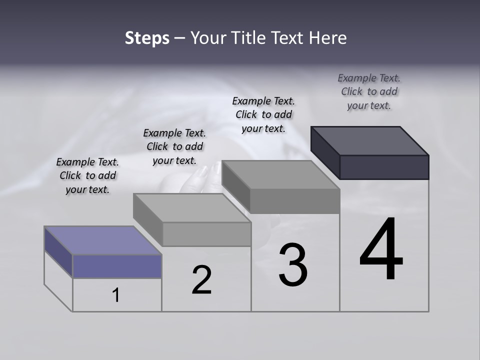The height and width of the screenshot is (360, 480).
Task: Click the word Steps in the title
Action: coord(147,38)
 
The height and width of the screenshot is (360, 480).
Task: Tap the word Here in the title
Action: coord(328,38)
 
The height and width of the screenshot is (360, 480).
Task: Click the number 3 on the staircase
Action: coord(293,265)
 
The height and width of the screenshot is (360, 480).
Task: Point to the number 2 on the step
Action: coord(201,280)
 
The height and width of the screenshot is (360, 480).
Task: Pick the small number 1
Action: coord(116,295)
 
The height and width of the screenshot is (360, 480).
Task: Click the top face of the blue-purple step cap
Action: coord(102,240)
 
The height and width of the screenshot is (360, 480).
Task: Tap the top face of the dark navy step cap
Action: coord(370,140)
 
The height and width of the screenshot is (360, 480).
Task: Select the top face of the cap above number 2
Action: coord(192,207)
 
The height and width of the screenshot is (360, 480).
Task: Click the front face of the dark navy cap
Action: coord(384,167)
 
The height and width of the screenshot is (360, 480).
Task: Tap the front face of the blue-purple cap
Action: coord(117,266)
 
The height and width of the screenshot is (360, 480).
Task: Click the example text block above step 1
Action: coord(87,175)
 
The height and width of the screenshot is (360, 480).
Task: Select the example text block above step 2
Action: coord(174,146)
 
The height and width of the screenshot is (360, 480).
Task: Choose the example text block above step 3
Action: coord(263,114)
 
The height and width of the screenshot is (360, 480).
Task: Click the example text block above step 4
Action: coord(369,91)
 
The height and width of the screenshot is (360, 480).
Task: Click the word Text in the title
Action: coord(295,38)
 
